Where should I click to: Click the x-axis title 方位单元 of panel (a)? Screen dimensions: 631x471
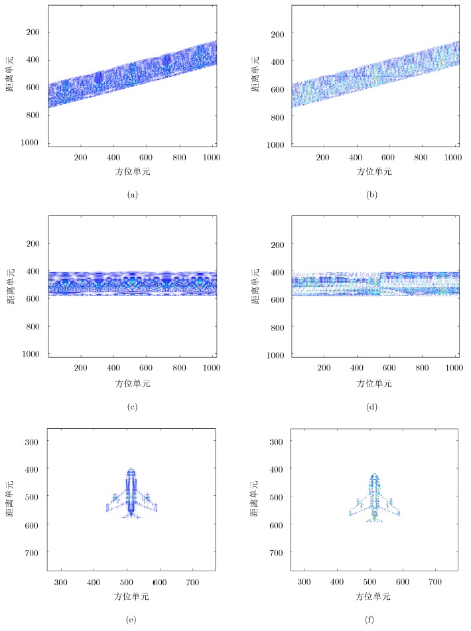click(131, 171)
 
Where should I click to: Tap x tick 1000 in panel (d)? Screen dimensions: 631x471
click(452, 369)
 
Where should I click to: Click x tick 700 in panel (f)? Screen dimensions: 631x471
click(435, 581)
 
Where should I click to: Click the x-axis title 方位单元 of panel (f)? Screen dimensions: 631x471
click(374, 595)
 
